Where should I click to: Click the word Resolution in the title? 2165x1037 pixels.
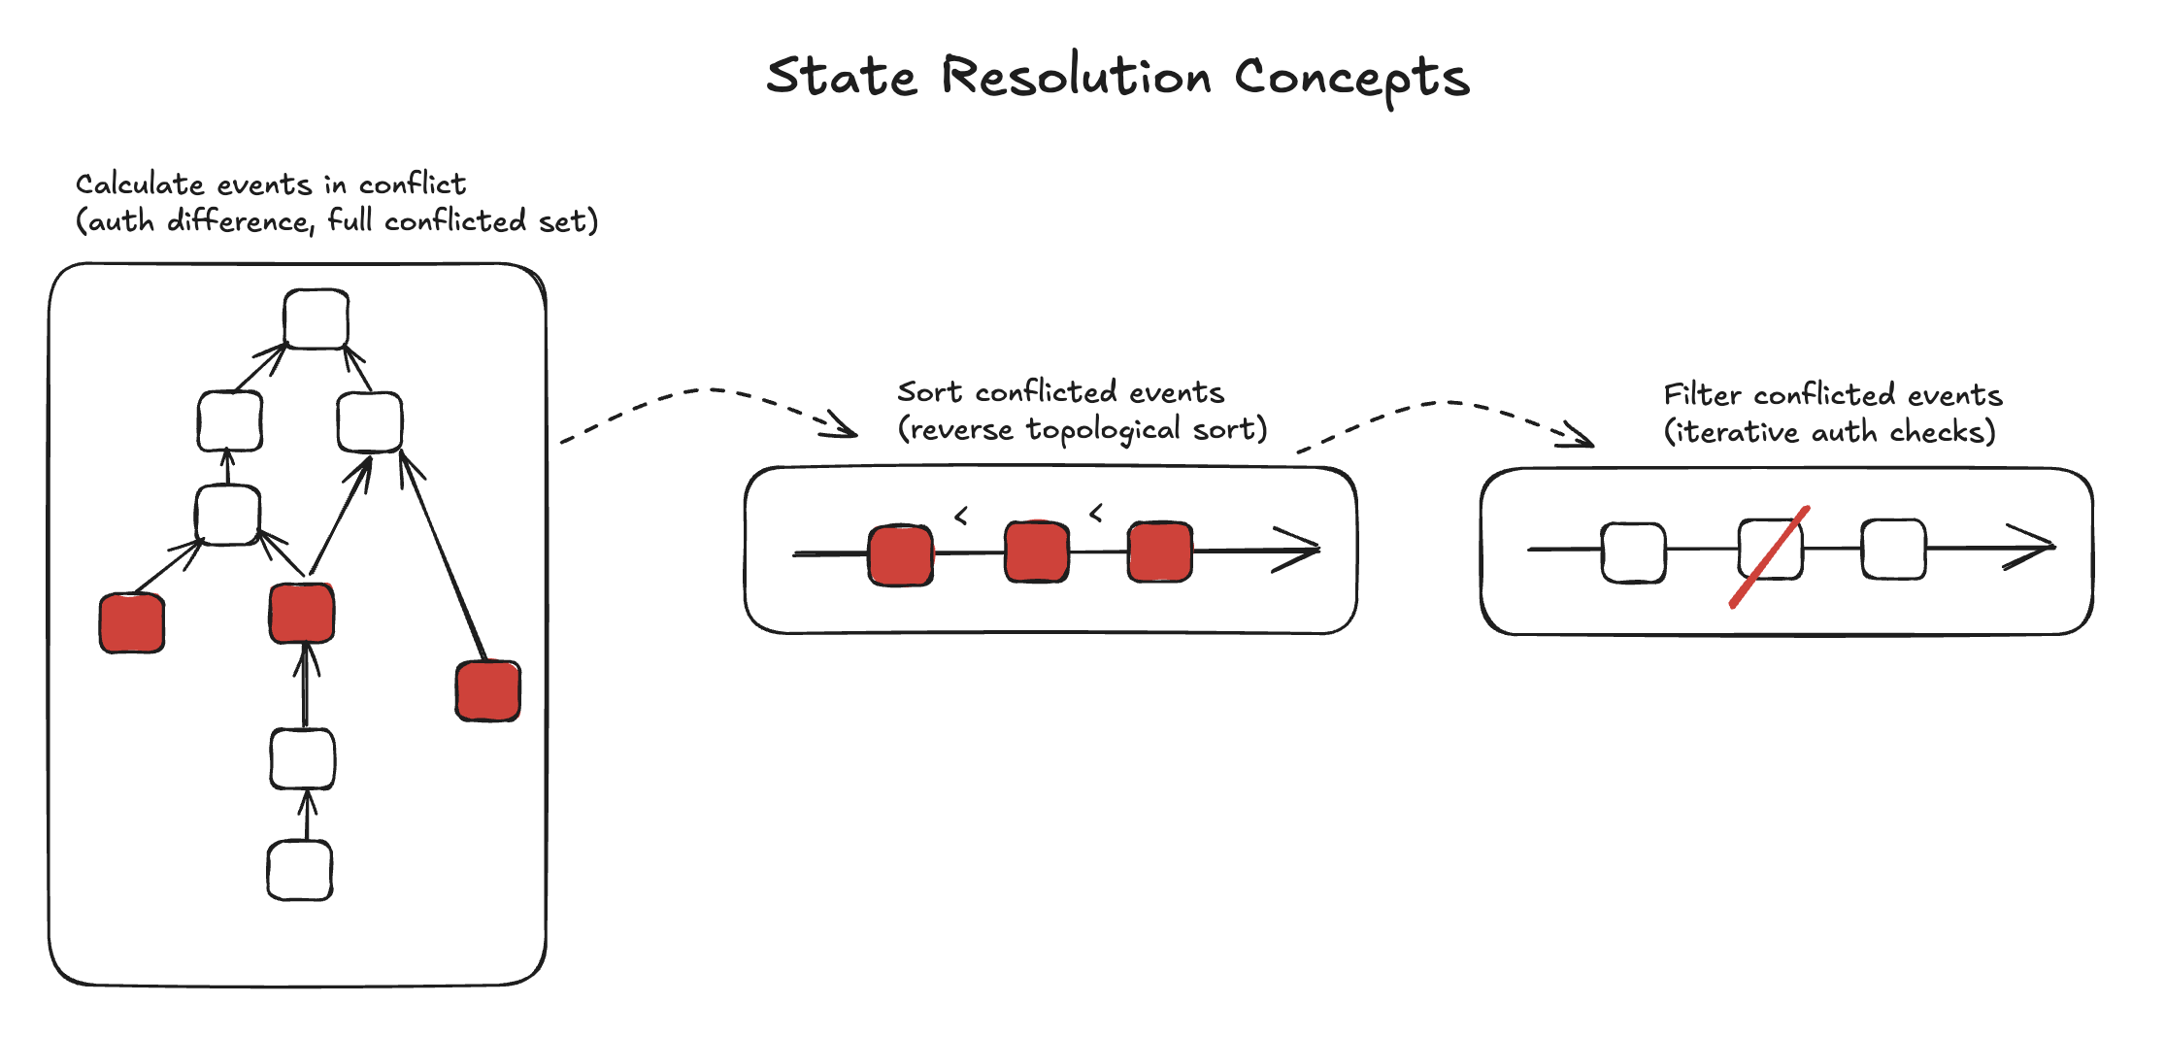click(1076, 78)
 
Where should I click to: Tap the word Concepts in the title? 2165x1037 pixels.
click(1351, 78)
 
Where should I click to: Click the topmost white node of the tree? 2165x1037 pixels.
click(316, 318)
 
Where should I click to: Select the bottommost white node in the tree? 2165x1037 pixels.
click(300, 870)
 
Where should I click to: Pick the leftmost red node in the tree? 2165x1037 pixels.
click(132, 623)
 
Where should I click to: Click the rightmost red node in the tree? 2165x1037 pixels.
click(488, 691)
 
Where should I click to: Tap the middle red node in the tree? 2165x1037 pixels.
click(302, 614)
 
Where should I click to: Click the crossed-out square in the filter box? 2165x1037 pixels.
click(1770, 550)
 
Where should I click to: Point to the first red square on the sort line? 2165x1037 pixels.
click(901, 555)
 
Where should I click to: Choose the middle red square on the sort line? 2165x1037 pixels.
click(1037, 552)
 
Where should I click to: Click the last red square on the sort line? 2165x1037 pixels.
click(1159, 552)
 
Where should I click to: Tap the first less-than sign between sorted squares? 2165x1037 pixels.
click(961, 516)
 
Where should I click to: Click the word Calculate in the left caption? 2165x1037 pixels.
click(140, 184)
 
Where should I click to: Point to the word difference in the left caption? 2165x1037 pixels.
click(239, 221)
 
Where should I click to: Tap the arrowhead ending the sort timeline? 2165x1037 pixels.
click(1301, 550)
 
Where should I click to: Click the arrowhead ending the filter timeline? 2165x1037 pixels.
click(2035, 547)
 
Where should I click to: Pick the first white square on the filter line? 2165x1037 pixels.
click(1634, 552)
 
